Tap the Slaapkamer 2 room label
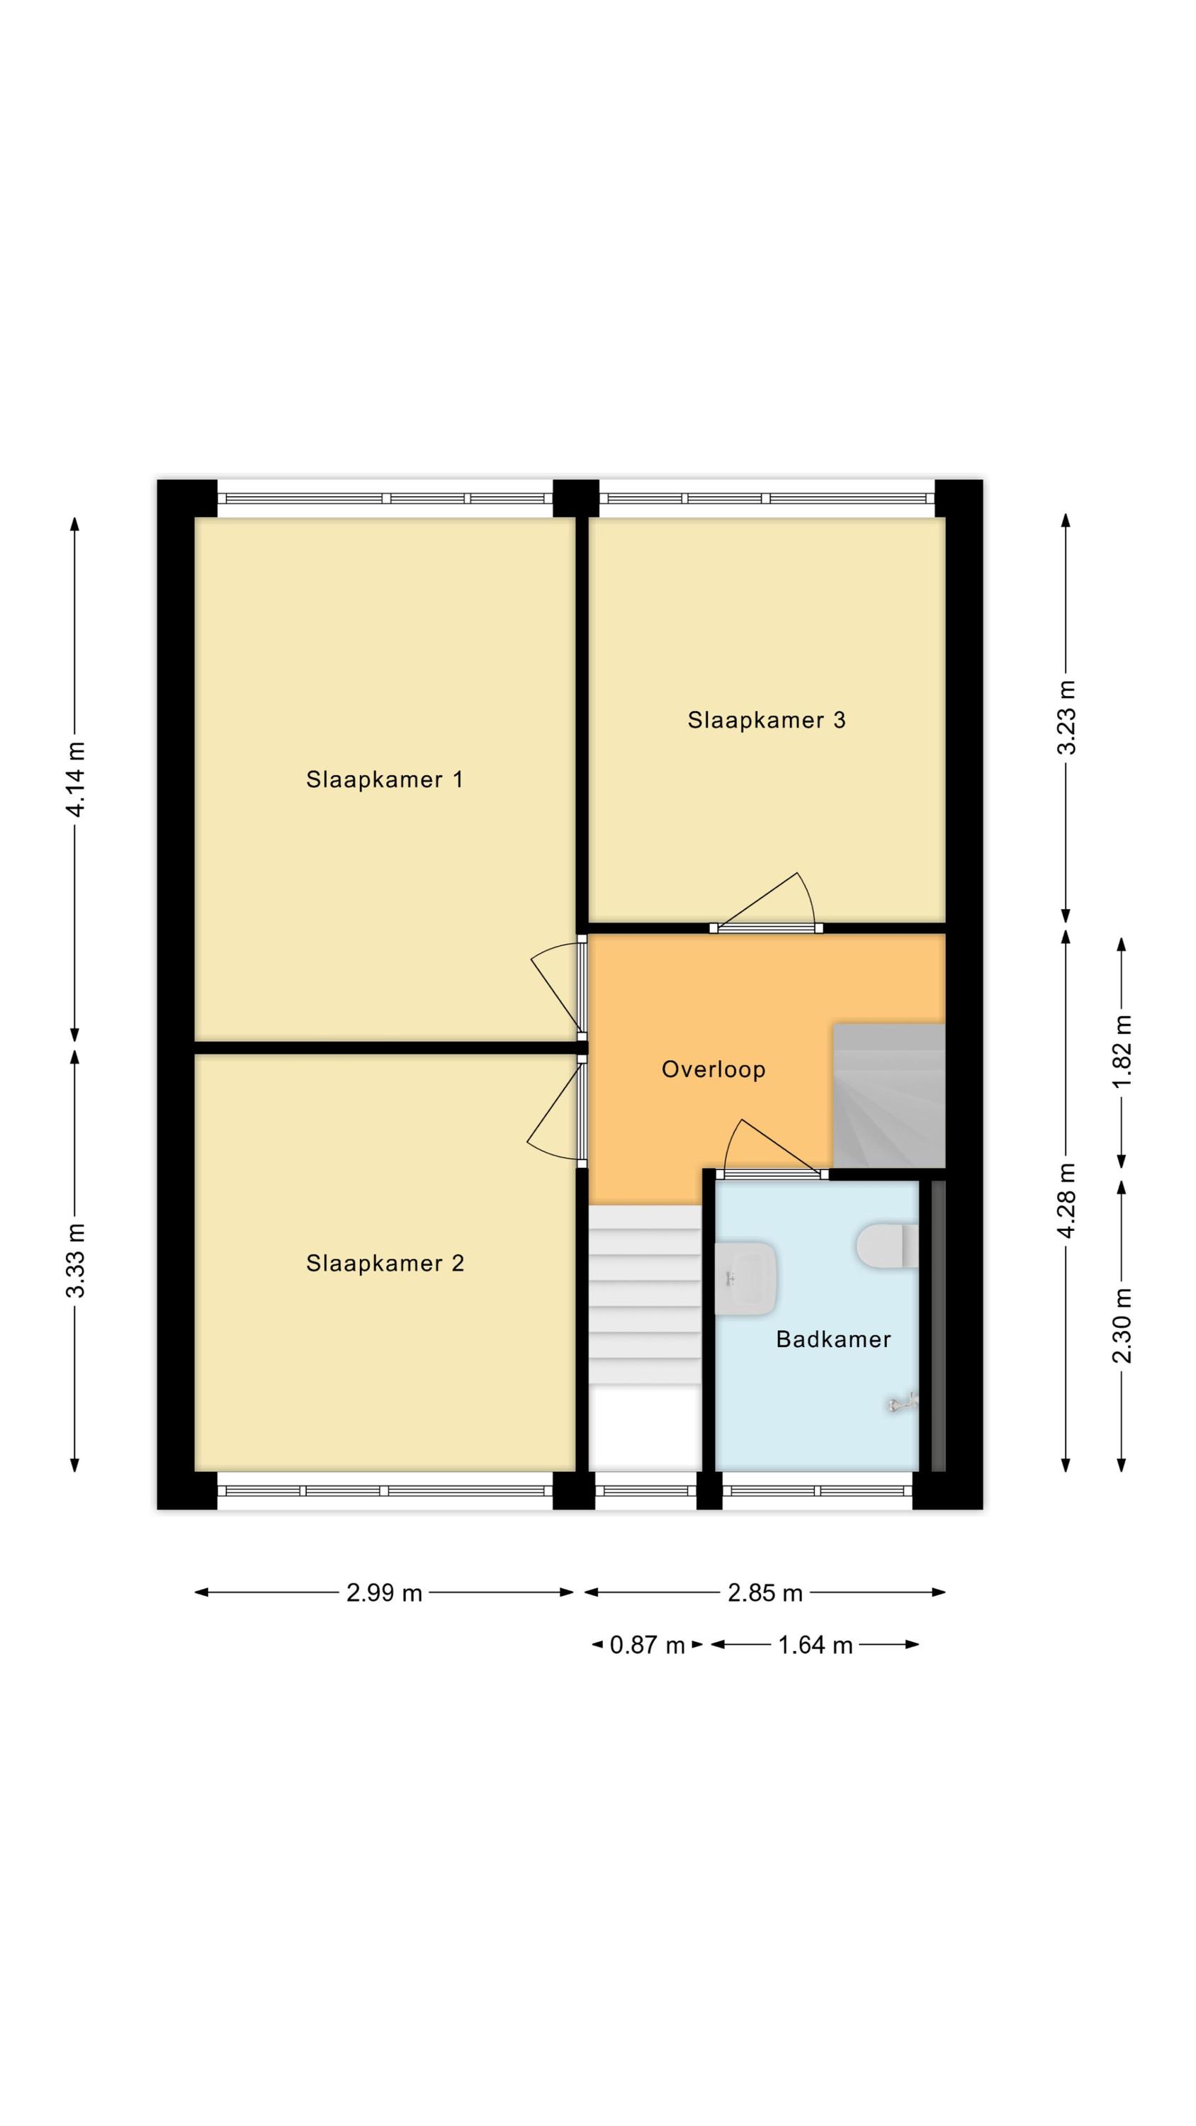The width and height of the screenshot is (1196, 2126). (385, 1263)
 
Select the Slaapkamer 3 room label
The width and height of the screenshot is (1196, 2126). (766, 720)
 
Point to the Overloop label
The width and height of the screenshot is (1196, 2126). (713, 1069)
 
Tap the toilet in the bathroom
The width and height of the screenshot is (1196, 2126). (887, 1245)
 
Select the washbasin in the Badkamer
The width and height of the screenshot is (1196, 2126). (745, 1278)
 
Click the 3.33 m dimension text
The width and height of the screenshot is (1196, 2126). (76, 1259)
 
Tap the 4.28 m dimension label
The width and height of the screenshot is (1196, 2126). (1066, 1199)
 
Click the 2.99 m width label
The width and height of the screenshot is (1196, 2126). (384, 1593)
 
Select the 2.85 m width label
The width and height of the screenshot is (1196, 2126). (765, 1593)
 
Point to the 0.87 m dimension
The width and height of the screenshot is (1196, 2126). (647, 1645)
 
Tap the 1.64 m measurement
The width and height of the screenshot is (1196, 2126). (815, 1645)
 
